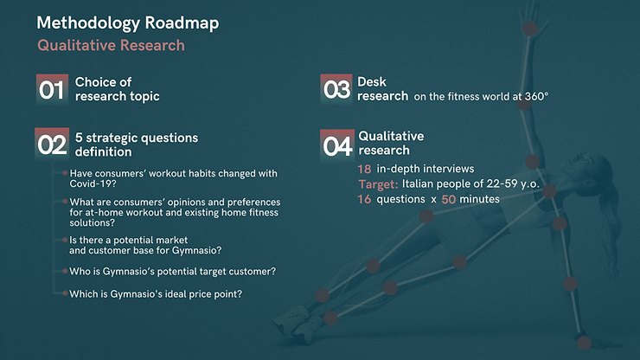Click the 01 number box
52,89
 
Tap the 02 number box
52,144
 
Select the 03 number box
336,89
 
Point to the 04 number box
337,145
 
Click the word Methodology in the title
88,23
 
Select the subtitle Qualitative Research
111,45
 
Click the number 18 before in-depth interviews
364,169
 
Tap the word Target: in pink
378,184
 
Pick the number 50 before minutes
449,199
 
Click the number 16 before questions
364,199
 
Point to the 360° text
537,96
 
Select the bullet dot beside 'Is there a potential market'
65,240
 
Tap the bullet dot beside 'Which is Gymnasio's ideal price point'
65,293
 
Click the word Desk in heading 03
372,81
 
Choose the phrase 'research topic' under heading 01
117,96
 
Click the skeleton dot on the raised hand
530,29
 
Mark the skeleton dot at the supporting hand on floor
584,343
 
